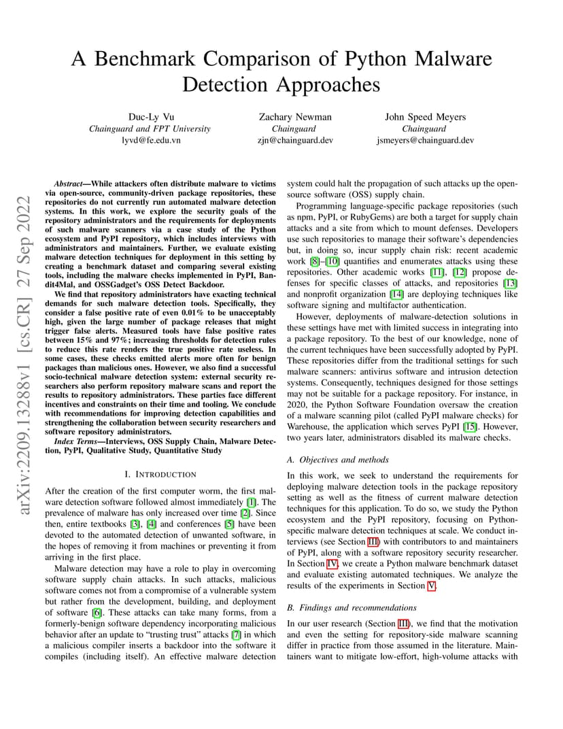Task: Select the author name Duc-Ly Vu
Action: click(x=150, y=117)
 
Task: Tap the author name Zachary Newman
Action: click(x=295, y=117)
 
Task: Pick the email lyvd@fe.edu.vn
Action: click(x=150, y=140)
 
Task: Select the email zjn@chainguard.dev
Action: click(x=295, y=140)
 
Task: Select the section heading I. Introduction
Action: click(x=160, y=474)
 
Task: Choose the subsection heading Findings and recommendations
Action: click(x=352, y=607)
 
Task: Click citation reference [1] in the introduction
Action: click(x=252, y=502)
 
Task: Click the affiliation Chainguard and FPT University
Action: click(x=150, y=129)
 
